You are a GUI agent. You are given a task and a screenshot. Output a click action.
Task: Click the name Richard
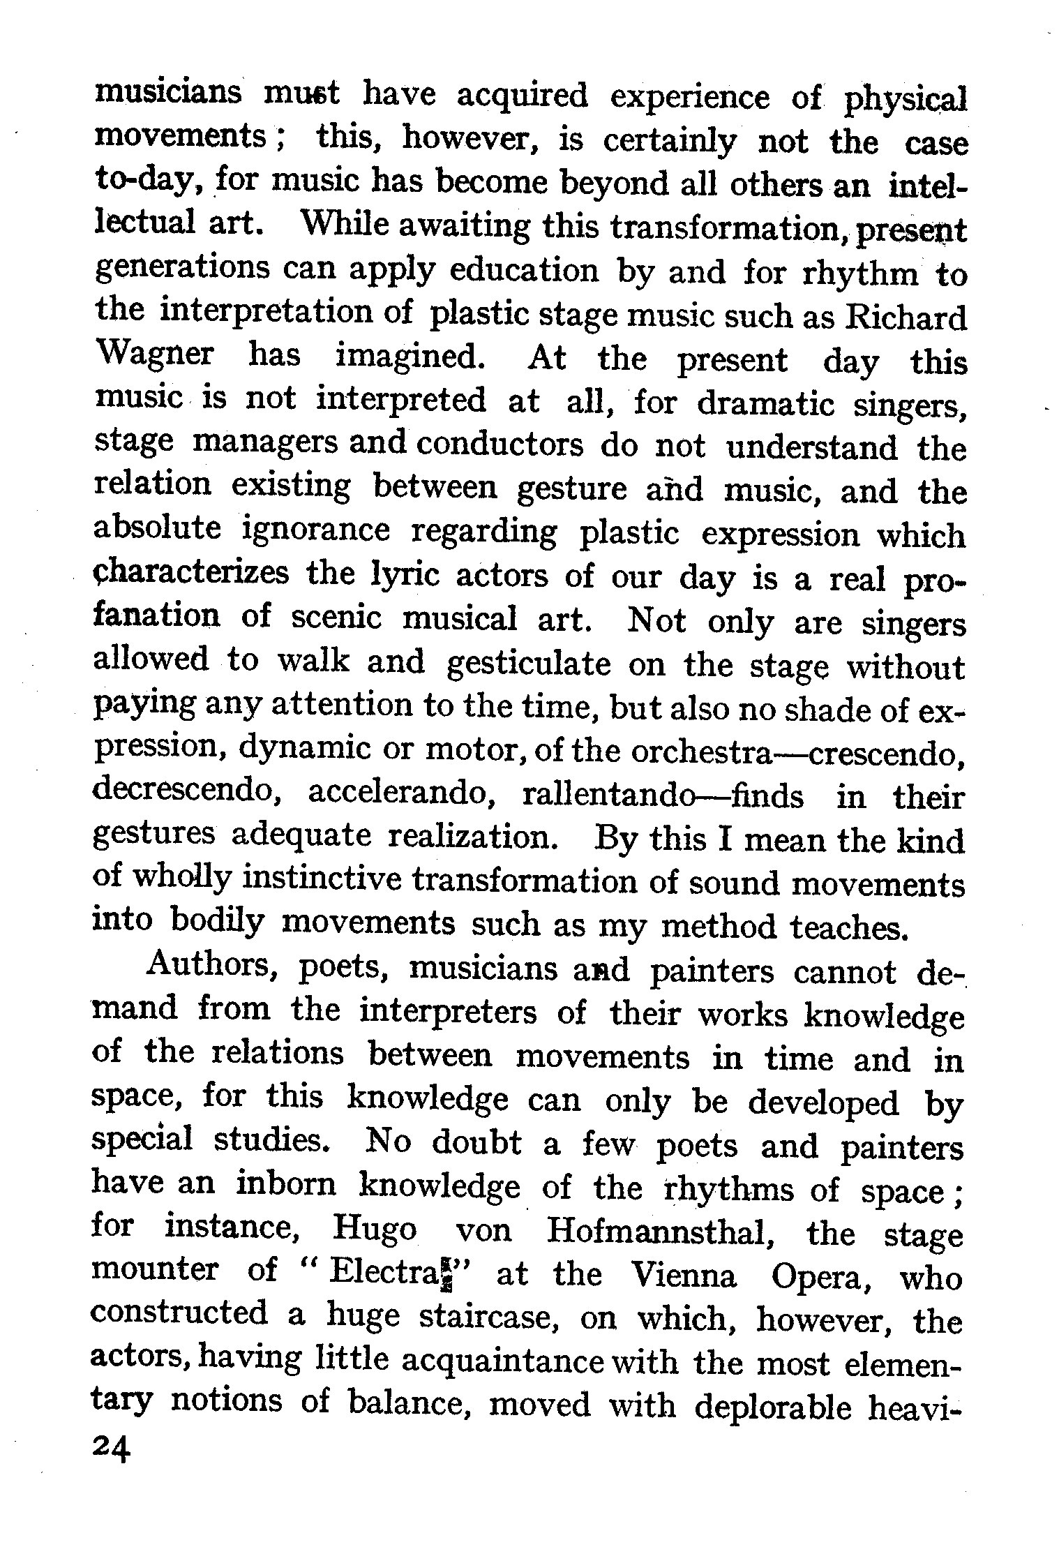click(x=906, y=317)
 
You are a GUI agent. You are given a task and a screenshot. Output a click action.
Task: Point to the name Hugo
click(x=374, y=1231)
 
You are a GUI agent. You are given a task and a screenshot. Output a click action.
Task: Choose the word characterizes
click(x=191, y=575)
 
